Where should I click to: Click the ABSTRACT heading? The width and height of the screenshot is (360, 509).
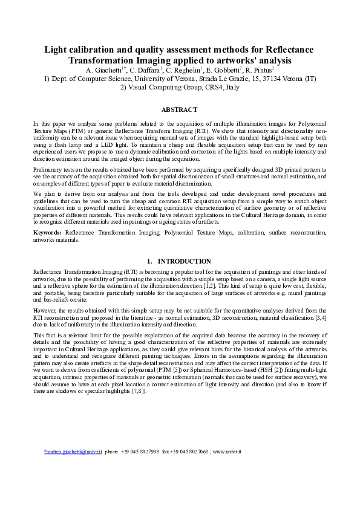[x=180, y=109]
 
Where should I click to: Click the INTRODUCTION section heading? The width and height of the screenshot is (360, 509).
[x=184, y=261]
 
